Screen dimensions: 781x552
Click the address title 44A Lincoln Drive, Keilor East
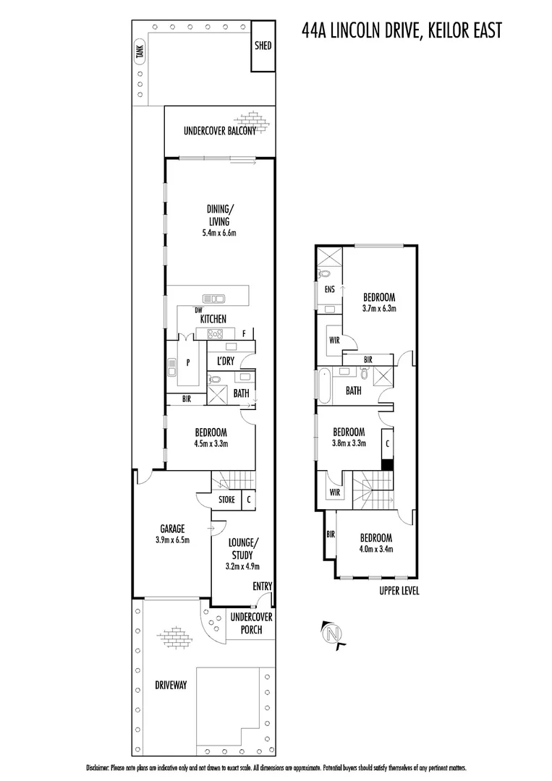pyautogui.click(x=402, y=30)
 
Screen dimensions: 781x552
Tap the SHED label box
pyautogui.click(x=263, y=46)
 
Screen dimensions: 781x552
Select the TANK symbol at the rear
pyautogui.click(x=140, y=52)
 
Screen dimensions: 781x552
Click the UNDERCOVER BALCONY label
pyautogui.click(x=219, y=132)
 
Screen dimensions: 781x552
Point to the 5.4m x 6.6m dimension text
pyautogui.click(x=219, y=234)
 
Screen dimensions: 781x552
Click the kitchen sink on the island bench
pyautogui.click(x=214, y=297)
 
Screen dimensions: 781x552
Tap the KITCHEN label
pyautogui.click(x=213, y=319)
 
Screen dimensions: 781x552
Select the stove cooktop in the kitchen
pyautogui.click(x=215, y=333)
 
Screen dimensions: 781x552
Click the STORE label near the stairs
pyautogui.click(x=226, y=499)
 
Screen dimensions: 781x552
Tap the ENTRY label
pyautogui.click(x=262, y=586)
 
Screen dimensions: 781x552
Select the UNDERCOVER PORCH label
pyautogui.click(x=250, y=623)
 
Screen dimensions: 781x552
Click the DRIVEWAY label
pyautogui.click(x=171, y=684)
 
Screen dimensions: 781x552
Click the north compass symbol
pyautogui.click(x=332, y=634)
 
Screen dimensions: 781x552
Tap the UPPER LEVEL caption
pyautogui.click(x=399, y=590)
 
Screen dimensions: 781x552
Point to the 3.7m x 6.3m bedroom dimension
pyautogui.click(x=378, y=308)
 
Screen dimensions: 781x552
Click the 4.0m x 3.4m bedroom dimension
pyautogui.click(x=377, y=549)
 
